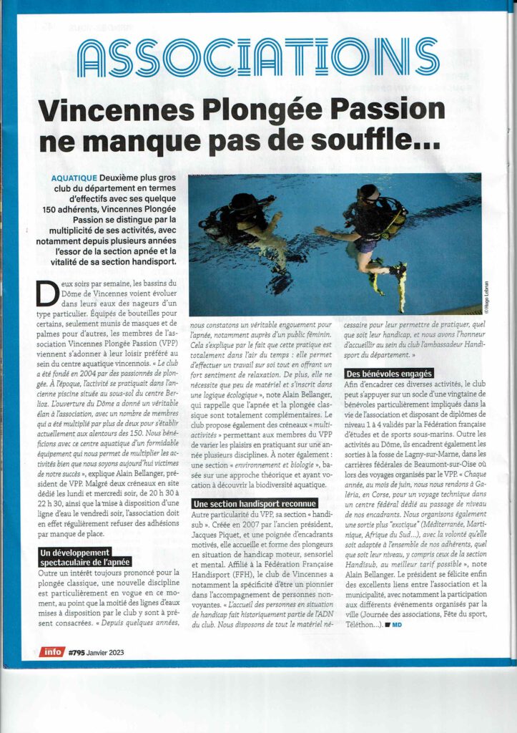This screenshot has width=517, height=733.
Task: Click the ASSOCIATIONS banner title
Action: coord(258,58)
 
